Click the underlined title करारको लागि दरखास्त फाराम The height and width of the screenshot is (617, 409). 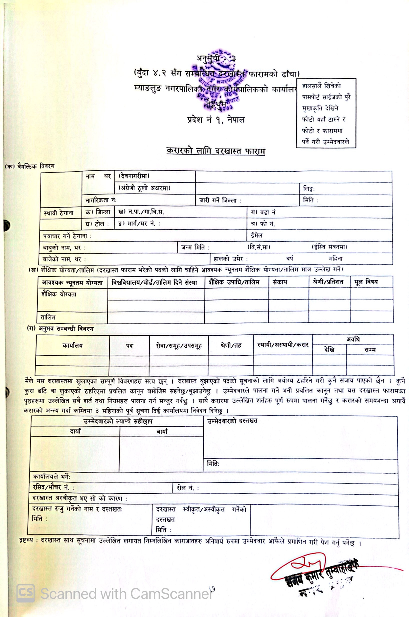tap(216, 151)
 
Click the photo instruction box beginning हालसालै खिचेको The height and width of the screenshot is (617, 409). tap(326, 113)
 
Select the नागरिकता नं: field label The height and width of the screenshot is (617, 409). tap(101, 200)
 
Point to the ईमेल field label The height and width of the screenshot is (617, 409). tap(257, 235)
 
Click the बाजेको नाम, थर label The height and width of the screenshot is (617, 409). tap(64, 259)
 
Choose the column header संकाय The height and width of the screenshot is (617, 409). tap(280, 282)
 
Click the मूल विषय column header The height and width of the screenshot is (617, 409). tap(366, 282)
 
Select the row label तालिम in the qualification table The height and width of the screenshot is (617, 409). tap(48, 317)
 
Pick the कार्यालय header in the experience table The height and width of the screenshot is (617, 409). tap(72, 345)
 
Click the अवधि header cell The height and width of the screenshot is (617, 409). tap(353, 339)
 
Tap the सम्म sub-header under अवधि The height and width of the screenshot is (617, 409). tap(370, 350)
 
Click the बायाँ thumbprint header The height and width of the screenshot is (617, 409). tap(162, 431)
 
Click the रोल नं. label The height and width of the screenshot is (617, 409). tap(187, 488)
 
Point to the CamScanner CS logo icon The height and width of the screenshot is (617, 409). tap(25, 593)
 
